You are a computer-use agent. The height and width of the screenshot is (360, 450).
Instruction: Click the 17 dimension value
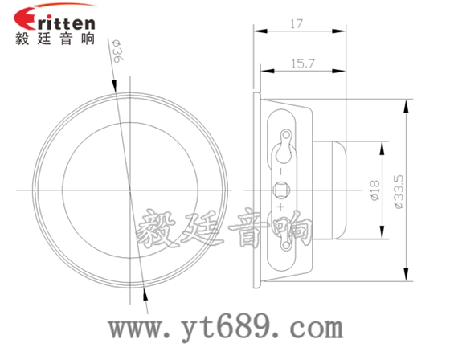coord(298,24)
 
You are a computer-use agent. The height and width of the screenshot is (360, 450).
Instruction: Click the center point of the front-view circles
coord(129,190)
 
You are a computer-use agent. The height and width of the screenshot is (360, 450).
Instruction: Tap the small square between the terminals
coord(282,190)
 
